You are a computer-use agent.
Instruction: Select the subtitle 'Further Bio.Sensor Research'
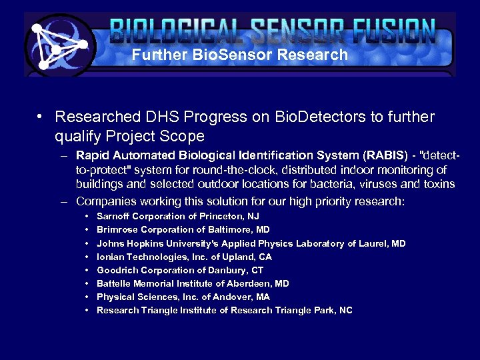tap(239, 55)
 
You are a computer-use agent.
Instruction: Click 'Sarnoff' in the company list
tap(113, 217)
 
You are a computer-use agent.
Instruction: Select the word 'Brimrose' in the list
tap(115, 230)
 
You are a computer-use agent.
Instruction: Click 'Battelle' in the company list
tap(113, 283)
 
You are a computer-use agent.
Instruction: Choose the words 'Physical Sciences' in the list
tap(131, 297)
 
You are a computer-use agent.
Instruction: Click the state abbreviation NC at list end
tap(345, 310)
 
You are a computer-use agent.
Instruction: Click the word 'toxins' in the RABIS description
tap(438, 184)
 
